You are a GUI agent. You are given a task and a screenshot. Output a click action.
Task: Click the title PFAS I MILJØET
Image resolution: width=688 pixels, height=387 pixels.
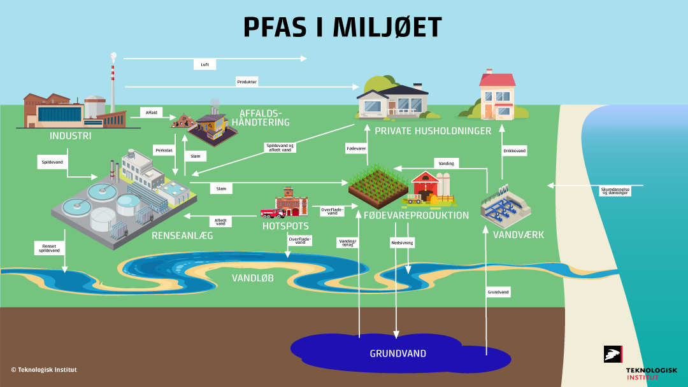[x=343, y=27]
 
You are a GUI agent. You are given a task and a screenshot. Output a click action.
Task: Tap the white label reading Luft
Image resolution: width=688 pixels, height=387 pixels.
[x=204, y=65]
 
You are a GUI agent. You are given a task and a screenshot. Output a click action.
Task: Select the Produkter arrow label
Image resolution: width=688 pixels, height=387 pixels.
[x=247, y=82]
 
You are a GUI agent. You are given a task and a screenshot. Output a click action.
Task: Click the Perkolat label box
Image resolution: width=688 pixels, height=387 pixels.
[x=164, y=151]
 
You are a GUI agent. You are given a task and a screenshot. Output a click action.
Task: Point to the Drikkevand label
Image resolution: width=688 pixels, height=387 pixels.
[x=515, y=151]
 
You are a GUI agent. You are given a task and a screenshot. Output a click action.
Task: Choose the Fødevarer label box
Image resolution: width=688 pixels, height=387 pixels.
[x=355, y=148]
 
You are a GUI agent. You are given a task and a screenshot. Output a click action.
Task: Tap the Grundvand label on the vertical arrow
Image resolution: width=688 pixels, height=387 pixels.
[x=499, y=292]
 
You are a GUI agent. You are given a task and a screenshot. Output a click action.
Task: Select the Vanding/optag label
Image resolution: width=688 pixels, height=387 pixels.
[x=348, y=243]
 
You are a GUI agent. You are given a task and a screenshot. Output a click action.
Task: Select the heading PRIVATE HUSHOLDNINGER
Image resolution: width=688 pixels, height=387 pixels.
[x=433, y=131]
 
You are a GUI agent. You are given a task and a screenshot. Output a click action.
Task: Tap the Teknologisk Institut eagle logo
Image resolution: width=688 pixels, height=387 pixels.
[x=613, y=355]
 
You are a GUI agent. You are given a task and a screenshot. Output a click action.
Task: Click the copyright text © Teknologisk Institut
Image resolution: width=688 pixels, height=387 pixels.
[x=44, y=370]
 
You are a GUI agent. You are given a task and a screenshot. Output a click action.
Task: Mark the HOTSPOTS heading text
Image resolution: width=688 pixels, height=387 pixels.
[x=285, y=226]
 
